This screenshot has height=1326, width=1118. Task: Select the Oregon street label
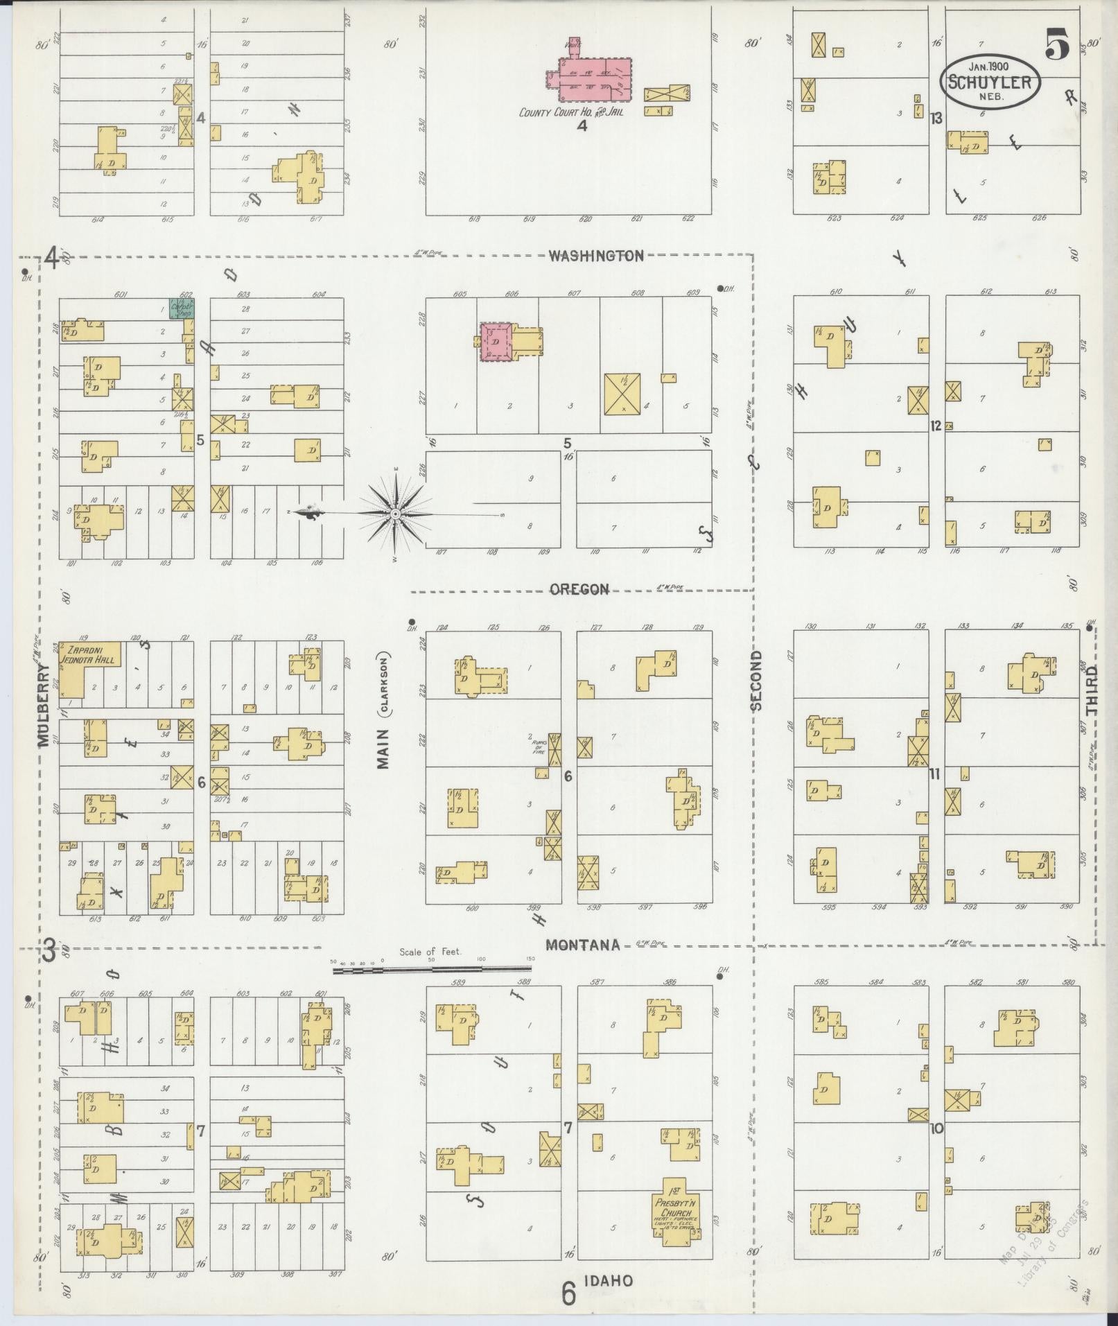click(579, 589)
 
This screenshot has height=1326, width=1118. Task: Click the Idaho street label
click(607, 1280)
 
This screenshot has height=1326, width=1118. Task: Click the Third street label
click(1093, 690)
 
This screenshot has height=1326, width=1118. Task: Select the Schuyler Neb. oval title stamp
click(989, 82)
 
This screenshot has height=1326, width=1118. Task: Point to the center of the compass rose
click(394, 514)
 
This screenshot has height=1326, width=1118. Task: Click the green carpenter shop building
click(181, 308)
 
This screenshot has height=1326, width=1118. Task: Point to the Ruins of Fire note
click(539, 744)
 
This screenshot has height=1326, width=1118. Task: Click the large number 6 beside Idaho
click(569, 1292)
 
